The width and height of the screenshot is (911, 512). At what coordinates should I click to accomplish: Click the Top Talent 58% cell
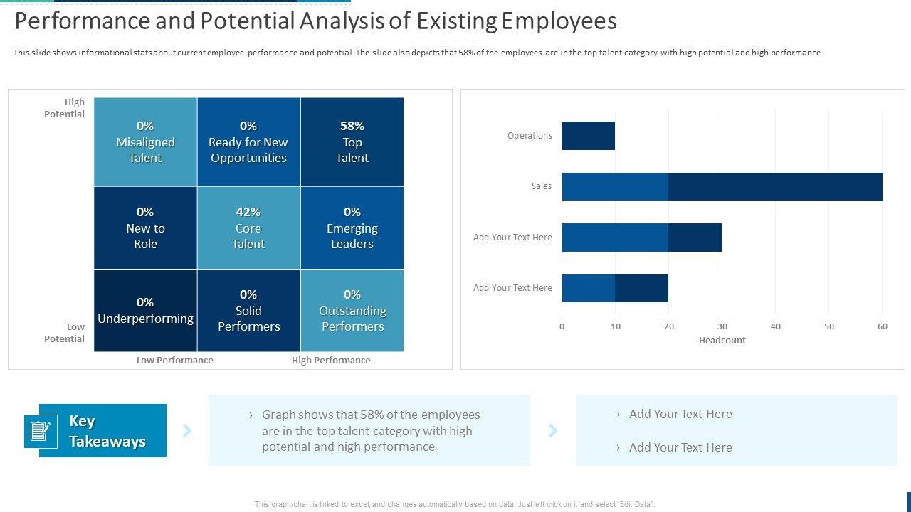[x=352, y=142]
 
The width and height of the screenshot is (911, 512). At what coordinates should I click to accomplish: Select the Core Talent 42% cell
[x=248, y=228]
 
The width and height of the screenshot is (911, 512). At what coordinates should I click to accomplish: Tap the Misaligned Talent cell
[x=145, y=142]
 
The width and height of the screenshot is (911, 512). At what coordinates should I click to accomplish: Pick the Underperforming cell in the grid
[x=145, y=311]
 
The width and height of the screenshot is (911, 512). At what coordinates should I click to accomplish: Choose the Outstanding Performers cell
[x=352, y=311]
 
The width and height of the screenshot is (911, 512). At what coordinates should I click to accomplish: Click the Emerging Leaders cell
[x=352, y=228]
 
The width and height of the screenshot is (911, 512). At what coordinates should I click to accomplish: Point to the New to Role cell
[x=145, y=228]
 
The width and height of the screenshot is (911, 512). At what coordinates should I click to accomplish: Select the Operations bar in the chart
[x=589, y=136]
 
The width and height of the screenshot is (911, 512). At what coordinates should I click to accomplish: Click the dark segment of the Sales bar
[x=775, y=186]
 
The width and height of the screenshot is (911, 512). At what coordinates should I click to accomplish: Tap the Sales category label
[x=542, y=186]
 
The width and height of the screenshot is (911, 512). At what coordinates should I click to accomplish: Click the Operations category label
[x=530, y=136]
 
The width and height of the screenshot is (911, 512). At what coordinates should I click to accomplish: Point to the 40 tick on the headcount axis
[x=776, y=326]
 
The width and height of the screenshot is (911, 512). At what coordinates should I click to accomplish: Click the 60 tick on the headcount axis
[x=883, y=326]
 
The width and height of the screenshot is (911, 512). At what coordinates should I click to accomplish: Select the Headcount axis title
[x=722, y=341]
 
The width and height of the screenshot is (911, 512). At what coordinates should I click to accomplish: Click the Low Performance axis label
[x=175, y=361]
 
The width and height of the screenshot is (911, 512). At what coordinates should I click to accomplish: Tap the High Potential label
[x=65, y=108]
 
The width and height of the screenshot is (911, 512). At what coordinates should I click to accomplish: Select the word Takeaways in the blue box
[x=107, y=442]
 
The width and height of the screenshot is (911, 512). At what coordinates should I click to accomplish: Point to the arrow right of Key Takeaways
[x=187, y=430]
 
